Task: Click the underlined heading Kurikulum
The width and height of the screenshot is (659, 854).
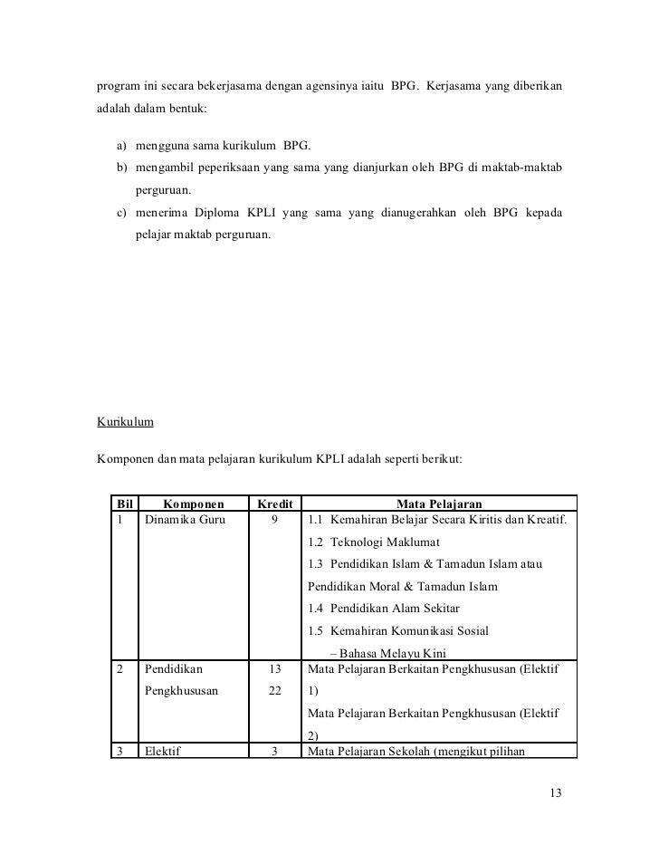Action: (x=126, y=422)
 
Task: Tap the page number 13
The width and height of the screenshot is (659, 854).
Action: (x=556, y=794)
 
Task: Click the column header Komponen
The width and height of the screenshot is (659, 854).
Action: (x=194, y=504)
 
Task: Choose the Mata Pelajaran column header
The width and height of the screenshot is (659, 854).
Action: (x=439, y=504)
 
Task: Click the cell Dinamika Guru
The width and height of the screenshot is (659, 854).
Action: (x=182, y=520)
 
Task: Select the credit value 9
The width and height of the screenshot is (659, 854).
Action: (x=273, y=520)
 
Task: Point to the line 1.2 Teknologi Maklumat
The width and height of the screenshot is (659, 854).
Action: (x=373, y=542)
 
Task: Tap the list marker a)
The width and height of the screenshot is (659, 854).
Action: (x=121, y=146)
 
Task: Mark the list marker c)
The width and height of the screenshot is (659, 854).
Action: (x=121, y=214)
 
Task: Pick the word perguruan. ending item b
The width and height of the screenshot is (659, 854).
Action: (x=165, y=191)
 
